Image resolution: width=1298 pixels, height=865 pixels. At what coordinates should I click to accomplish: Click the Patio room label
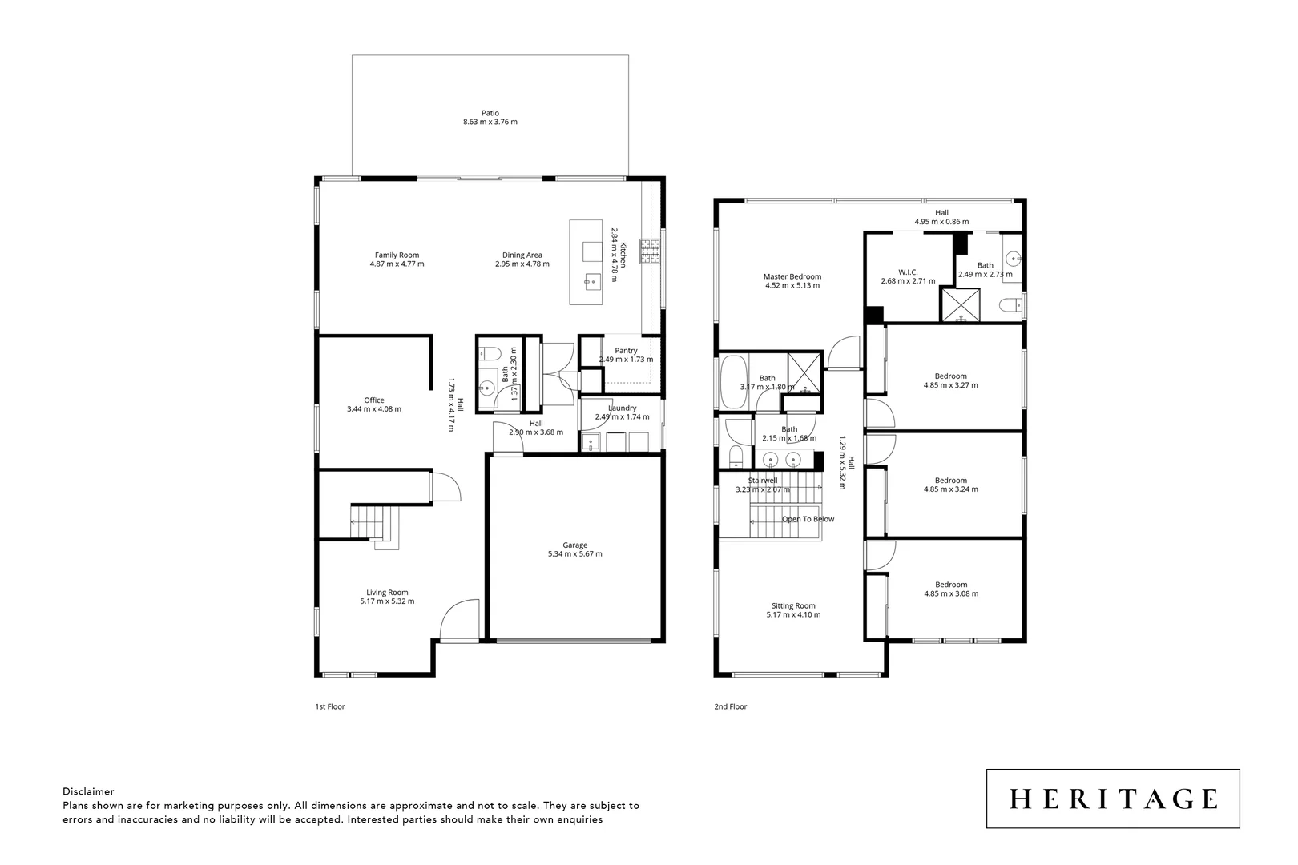[490, 113]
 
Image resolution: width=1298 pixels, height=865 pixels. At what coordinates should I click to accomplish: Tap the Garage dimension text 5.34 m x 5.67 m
[574, 554]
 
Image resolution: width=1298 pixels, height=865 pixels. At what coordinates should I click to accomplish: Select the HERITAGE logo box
[1112, 799]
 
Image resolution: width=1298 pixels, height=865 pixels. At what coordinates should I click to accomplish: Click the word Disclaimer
[88, 791]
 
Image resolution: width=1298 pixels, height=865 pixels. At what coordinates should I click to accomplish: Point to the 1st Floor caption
[329, 707]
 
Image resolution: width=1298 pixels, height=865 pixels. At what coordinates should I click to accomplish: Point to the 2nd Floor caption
[730, 707]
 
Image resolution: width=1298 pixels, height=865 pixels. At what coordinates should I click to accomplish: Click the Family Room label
[397, 255]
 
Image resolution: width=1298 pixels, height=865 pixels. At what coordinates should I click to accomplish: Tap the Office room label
[374, 400]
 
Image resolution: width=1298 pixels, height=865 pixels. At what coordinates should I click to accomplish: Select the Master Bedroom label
[792, 277]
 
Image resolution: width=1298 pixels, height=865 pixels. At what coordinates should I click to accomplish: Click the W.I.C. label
[908, 272]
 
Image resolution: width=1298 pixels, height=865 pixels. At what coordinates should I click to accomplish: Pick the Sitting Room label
[793, 606]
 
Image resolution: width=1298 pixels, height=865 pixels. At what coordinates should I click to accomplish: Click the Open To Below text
[808, 519]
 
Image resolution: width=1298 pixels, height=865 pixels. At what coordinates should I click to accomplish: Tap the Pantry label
[626, 351]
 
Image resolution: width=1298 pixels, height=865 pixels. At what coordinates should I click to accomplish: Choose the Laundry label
[622, 408]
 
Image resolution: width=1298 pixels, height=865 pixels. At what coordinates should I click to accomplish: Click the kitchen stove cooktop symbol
[649, 252]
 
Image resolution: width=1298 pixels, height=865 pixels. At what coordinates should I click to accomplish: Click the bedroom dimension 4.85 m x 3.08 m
[950, 593]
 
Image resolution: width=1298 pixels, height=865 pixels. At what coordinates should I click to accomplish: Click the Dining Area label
[522, 255]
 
